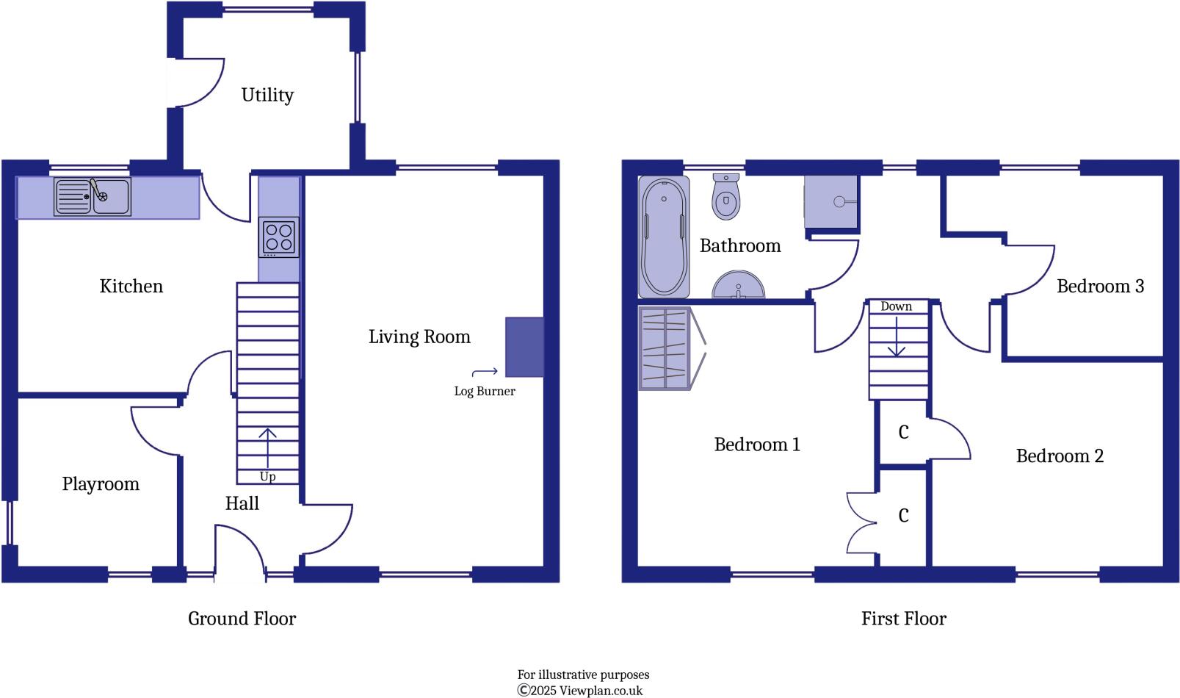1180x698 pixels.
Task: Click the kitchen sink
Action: (93, 196)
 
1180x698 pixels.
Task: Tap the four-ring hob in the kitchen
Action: (279, 237)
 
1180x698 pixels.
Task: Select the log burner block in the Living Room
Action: (524, 348)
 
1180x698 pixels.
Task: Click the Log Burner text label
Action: (484, 391)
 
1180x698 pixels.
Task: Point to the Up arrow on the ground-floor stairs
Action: (267, 445)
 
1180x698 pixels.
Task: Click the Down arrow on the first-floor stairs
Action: (896, 338)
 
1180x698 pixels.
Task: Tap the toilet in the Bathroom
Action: (725, 197)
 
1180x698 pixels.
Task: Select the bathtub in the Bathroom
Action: (664, 237)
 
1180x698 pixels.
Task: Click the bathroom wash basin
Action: (738, 286)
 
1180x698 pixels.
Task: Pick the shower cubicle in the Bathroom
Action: (831, 201)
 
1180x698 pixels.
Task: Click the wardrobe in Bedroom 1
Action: (665, 348)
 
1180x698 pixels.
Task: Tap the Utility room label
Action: (267, 95)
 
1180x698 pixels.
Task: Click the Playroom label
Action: (101, 483)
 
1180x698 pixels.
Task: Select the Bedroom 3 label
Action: (1099, 286)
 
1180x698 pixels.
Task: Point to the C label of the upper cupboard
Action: (903, 432)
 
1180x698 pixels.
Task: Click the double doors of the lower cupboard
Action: (861, 523)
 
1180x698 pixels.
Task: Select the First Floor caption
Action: (903, 619)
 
